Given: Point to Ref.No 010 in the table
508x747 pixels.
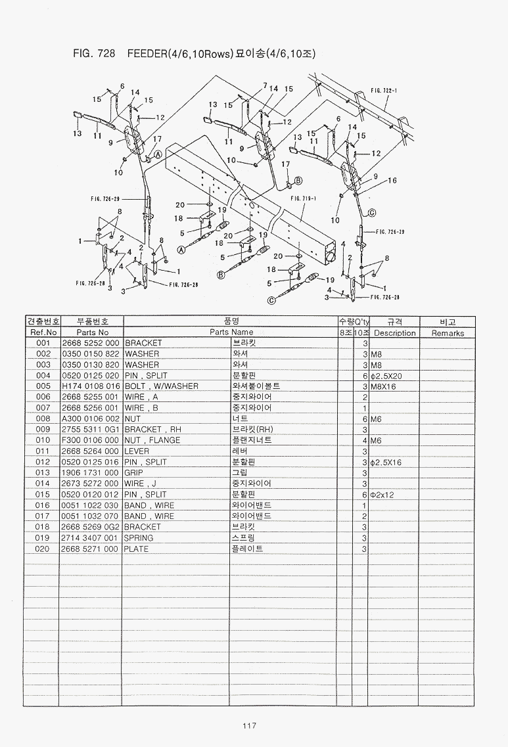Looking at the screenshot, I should coord(43,440).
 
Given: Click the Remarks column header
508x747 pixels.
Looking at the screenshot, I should coord(448,333).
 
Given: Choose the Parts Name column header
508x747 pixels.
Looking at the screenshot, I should coord(231,332).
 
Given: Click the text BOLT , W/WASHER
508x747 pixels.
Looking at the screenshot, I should coord(161,386).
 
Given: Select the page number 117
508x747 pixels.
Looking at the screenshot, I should coord(248,726).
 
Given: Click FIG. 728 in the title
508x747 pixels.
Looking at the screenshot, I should coord(91,54).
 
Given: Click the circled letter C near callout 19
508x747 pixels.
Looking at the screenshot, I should coord(271,301).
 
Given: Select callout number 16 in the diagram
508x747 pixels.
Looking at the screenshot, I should coord(392,180).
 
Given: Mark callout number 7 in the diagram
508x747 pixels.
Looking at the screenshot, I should coord(264,85).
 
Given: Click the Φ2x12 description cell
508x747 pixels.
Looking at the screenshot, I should coord(382,495).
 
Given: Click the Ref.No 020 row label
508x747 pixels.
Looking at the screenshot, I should coord(43,549).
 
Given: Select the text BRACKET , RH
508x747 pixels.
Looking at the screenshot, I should coord(152,430).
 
